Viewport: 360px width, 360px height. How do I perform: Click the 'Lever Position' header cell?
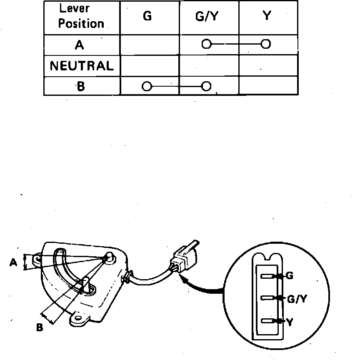pos(81,17)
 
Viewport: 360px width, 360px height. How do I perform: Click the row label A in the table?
pos(80,45)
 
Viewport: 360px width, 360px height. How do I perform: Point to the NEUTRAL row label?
pos(82,66)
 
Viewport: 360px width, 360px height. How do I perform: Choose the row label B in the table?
pos(80,87)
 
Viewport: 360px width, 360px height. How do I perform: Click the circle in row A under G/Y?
pos(205,43)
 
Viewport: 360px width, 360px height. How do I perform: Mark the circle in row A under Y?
pos(266,43)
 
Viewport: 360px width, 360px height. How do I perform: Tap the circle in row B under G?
pos(146,87)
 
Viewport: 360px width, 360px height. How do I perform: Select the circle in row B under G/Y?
pos(206,87)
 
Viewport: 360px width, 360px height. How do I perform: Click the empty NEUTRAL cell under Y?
pos(268,66)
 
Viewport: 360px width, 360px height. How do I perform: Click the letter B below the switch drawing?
pos(40,327)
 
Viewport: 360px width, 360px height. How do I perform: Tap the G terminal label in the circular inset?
pos(290,276)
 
